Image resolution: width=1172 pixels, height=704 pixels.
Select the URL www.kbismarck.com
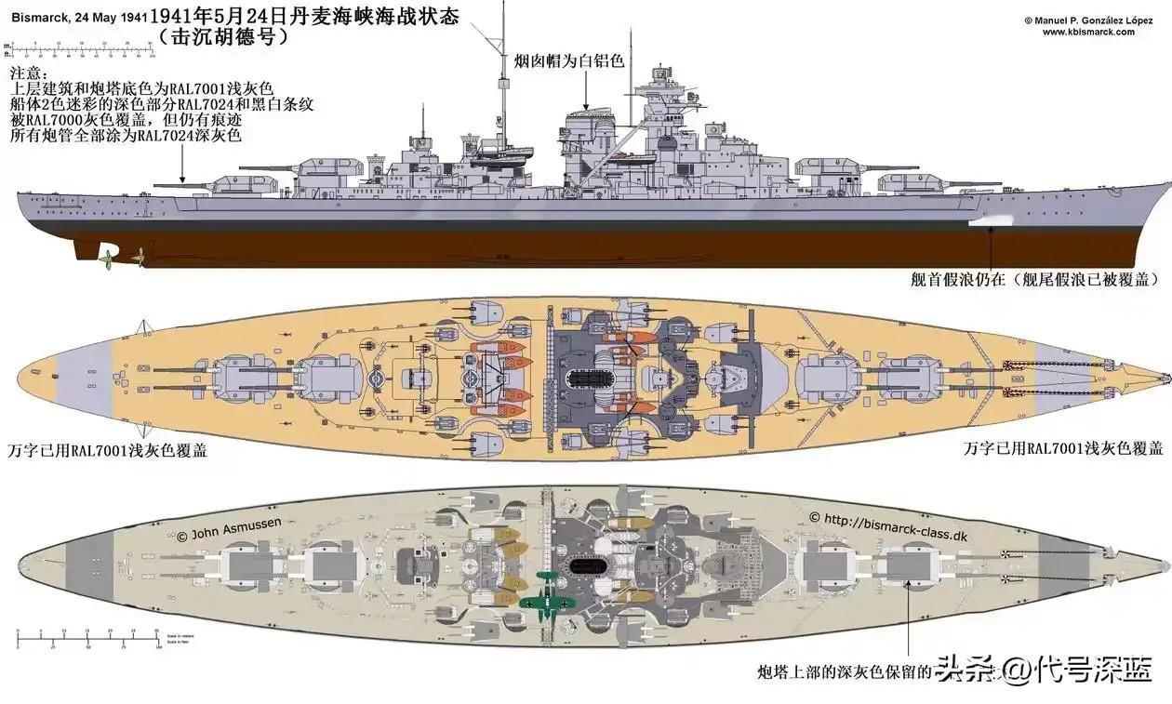[x=1087, y=32]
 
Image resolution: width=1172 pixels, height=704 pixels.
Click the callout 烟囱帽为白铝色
[x=568, y=61]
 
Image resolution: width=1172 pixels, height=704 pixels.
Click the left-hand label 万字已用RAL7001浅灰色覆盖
[x=108, y=451]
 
